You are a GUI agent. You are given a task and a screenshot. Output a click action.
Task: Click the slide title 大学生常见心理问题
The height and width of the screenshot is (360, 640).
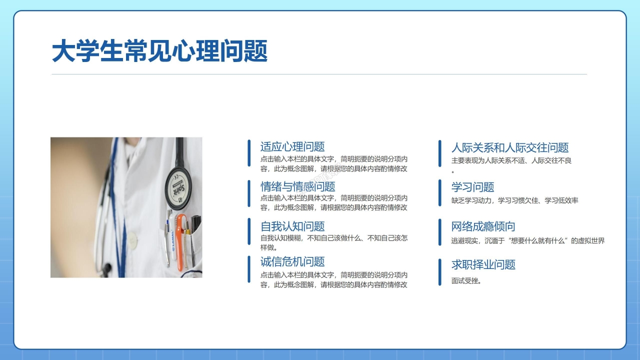(159, 51)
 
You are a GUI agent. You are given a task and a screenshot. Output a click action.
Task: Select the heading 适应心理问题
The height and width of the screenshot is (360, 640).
(292, 147)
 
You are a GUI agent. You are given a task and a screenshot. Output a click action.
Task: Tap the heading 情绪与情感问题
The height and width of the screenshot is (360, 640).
(297, 187)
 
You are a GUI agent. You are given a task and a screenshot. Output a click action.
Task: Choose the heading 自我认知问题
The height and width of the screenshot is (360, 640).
(292, 226)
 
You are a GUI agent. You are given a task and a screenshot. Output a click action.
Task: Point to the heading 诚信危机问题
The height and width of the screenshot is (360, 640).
(292, 261)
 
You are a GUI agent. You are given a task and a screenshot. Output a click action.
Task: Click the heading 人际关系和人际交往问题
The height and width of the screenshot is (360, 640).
(510, 147)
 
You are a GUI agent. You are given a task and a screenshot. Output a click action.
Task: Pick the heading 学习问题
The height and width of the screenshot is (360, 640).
(472, 187)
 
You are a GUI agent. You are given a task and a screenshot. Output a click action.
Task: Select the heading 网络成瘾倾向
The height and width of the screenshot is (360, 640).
(483, 227)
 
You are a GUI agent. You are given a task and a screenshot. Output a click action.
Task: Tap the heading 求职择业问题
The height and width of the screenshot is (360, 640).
(483, 265)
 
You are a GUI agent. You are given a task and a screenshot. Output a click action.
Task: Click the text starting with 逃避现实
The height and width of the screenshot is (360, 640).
(527, 240)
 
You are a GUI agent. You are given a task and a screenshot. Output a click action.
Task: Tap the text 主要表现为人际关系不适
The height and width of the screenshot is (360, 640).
(511, 160)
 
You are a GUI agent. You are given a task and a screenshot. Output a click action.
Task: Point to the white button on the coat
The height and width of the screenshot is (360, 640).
(132, 241)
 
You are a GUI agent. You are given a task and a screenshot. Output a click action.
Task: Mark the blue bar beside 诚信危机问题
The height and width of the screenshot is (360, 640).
(249, 269)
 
